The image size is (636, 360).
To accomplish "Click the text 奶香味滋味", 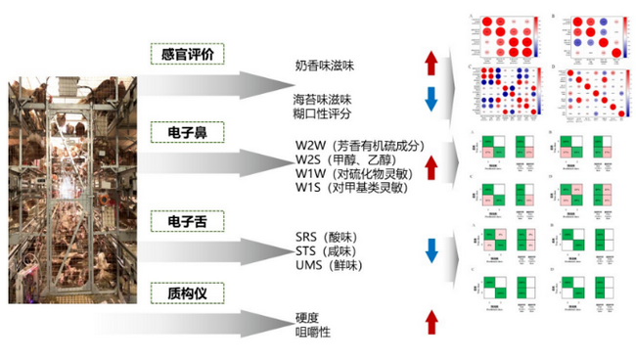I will coord(328,66).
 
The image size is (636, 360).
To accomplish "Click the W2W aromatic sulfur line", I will coord(359,146).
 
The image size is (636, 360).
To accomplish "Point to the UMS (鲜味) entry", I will coord(332,264).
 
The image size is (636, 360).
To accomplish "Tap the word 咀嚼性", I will coord(314,333).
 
